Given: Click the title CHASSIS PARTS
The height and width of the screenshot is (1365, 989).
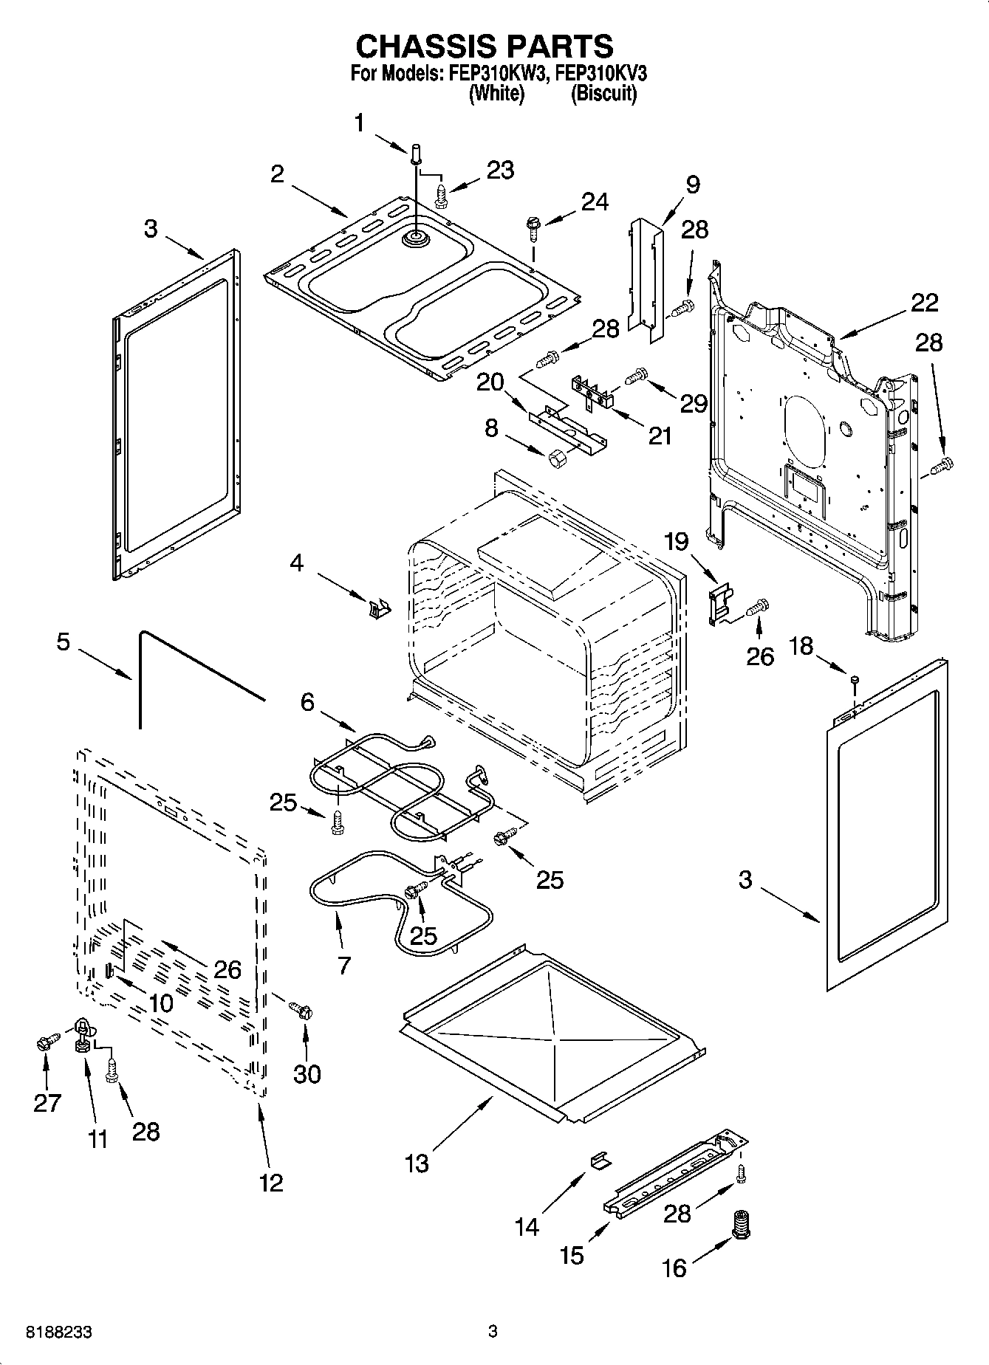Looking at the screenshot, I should tap(485, 46).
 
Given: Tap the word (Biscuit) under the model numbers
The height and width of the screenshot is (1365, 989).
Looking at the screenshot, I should tap(603, 94).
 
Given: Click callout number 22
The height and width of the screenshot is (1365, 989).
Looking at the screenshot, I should tap(924, 303).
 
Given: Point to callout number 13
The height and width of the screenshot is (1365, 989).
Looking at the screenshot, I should tap(417, 1163).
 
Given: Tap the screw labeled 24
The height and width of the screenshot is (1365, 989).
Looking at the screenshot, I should tap(532, 225).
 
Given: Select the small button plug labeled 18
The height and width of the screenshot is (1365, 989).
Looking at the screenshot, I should tap(854, 679).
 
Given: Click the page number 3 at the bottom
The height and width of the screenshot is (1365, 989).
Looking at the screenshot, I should tap(493, 1333).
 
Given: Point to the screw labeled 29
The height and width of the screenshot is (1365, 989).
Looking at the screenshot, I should tap(635, 377).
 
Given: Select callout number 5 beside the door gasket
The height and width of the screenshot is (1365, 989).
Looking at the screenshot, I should tap(63, 642).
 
